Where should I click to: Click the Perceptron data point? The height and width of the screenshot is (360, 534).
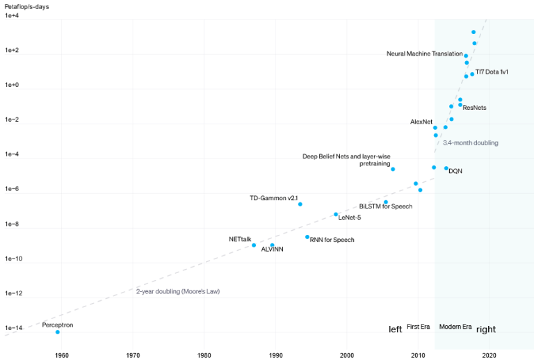[x=58, y=332]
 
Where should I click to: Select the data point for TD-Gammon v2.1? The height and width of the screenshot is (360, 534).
[x=300, y=204]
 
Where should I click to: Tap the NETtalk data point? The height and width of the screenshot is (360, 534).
[x=254, y=245]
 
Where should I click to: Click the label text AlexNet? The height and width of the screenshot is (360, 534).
[x=421, y=122]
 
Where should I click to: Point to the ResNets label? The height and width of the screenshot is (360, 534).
[x=474, y=108]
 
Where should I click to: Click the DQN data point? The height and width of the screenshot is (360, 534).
[x=446, y=168]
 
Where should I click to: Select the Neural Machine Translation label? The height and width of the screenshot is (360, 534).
[x=424, y=54]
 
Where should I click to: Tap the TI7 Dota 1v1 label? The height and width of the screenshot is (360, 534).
[x=492, y=72]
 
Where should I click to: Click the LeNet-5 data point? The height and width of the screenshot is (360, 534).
[x=336, y=215]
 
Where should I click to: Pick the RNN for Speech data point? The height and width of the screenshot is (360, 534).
[x=307, y=237]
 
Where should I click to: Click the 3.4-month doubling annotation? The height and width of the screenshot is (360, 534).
[x=470, y=142]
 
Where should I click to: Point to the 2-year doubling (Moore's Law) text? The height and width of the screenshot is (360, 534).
[x=177, y=291]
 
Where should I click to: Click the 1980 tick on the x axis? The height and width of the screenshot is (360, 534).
[x=204, y=355]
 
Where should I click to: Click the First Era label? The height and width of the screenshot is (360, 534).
[x=419, y=327]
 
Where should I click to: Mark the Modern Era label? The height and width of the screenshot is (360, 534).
[x=455, y=327]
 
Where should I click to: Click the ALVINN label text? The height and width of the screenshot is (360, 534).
[x=272, y=249]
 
